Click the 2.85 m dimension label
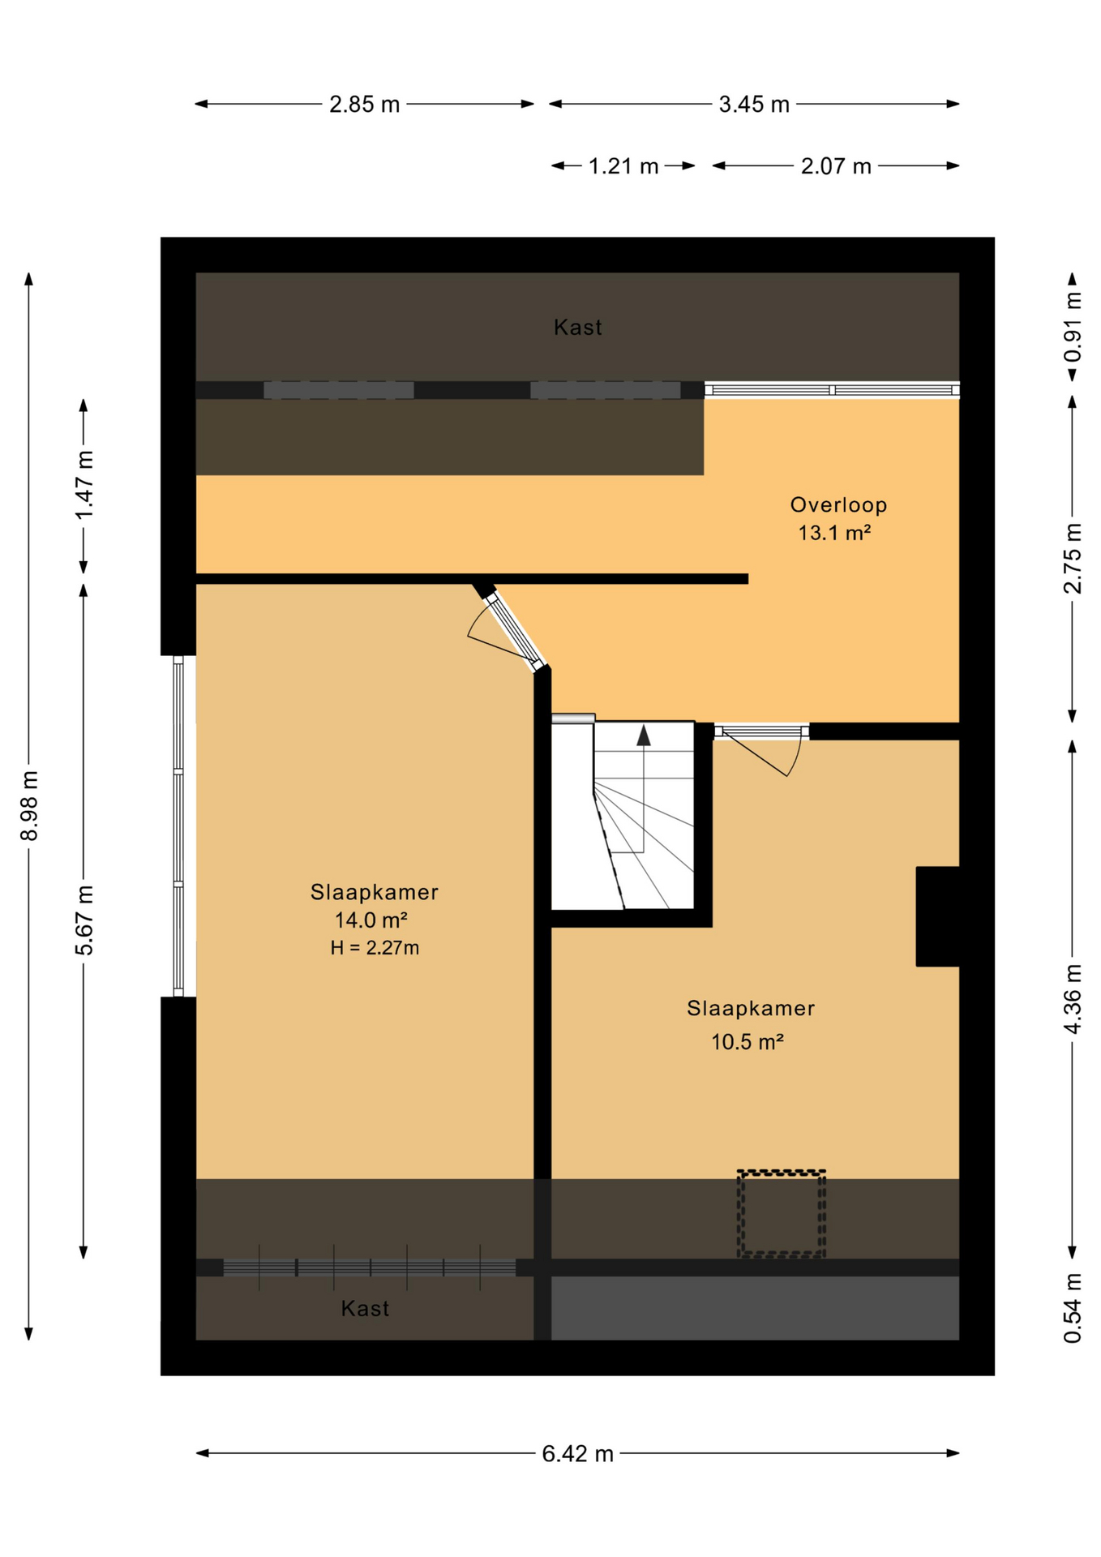point(364,105)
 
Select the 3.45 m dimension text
point(753,105)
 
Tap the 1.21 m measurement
point(623,166)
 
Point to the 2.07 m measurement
point(835,166)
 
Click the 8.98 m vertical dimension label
point(29,805)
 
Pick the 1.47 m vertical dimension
point(84,485)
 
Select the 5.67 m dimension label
point(84,920)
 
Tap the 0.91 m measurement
point(1072,327)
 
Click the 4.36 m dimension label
point(1072,998)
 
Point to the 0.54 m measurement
point(1072,1307)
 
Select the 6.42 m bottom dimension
point(576,1454)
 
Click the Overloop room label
point(838,504)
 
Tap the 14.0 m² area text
point(371,920)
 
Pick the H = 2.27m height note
point(375,947)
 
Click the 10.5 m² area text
point(747,1041)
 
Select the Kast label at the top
point(577,328)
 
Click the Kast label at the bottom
point(365,1308)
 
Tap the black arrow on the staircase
point(643,735)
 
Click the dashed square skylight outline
point(781,1213)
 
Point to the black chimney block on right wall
point(937,916)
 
